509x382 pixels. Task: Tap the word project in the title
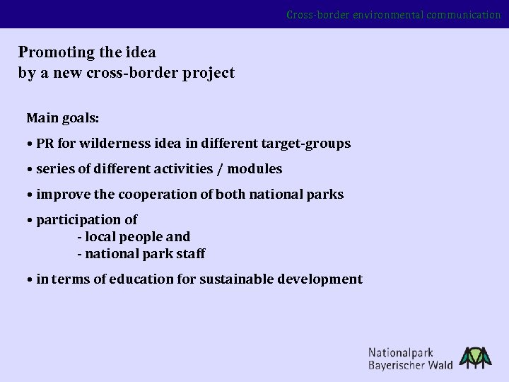tap(209, 73)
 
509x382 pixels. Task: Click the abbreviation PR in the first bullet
tap(45, 144)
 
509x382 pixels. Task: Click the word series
tap(55, 168)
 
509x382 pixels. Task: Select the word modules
tap(255, 168)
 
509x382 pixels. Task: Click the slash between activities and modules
tap(221, 168)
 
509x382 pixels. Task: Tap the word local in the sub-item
tap(101, 236)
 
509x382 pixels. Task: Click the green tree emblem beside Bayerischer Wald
tap(476, 357)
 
